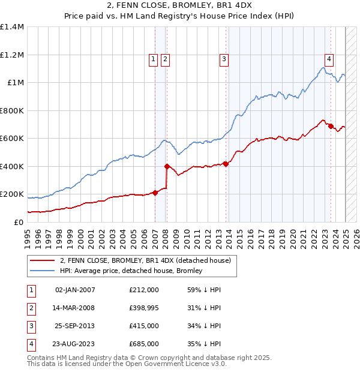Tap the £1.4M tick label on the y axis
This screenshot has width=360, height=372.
(12, 27)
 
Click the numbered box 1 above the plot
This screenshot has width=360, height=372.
(154, 59)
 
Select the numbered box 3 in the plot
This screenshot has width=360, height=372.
(223, 59)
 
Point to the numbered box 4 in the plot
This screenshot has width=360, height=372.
(329, 59)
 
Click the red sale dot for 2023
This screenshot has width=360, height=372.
(331, 126)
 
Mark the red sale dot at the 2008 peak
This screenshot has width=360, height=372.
(167, 166)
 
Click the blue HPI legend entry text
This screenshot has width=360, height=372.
(131, 271)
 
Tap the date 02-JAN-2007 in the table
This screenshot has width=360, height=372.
(75, 290)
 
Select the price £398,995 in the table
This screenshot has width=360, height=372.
(144, 308)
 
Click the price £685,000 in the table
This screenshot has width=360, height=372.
(144, 344)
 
